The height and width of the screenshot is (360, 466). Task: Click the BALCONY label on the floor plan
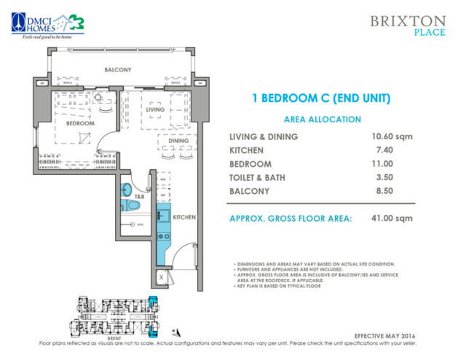[117, 70]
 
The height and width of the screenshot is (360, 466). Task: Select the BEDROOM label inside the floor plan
[80, 124]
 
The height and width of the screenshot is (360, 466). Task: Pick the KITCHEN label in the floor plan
[184, 217]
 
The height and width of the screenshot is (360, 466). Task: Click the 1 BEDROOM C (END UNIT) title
[322, 98]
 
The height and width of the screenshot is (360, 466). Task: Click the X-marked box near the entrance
[162, 277]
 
